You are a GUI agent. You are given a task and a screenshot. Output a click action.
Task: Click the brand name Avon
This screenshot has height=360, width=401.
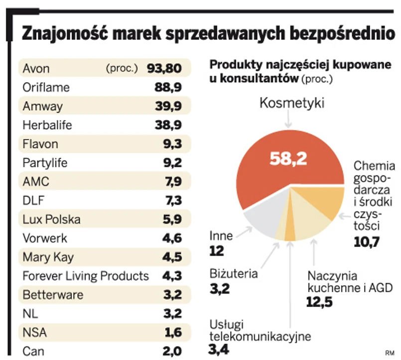point(36,68)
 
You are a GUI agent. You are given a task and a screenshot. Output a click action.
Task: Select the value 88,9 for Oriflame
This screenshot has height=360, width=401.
point(168,87)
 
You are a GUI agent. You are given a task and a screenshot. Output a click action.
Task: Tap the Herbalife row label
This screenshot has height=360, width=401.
point(47,125)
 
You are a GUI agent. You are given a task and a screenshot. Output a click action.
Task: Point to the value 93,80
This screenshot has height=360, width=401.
point(164,68)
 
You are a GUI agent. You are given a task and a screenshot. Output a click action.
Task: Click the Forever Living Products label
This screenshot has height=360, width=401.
point(86,276)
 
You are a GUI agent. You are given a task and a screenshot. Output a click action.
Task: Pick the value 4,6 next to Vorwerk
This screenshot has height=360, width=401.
point(172,238)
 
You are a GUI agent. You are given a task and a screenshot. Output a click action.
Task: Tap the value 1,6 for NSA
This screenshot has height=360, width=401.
point(172,333)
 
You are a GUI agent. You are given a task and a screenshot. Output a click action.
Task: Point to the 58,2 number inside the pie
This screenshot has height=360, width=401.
point(288,159)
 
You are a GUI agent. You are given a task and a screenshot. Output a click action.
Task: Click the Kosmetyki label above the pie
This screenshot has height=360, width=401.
point(292,103)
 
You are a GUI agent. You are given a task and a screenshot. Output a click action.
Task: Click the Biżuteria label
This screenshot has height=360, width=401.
point(233,273)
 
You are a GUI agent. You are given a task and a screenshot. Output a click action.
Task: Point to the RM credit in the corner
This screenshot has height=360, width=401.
point(389,353)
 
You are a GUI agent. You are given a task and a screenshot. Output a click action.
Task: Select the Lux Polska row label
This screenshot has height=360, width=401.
point(51,219)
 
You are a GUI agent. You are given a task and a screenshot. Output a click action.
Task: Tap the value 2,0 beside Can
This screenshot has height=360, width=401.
point(172,351)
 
